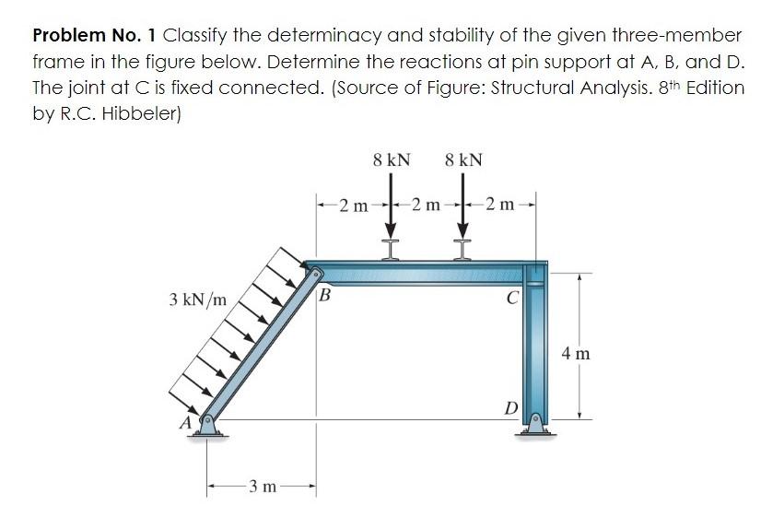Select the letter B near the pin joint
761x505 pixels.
pyautogui.click(x=323, y=297)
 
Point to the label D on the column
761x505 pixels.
pyautogui.click(x=509, y=407)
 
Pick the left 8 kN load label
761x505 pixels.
pyautogui.click(x=392, y=159)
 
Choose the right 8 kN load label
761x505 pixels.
pyautogui.click(x=462, y=159)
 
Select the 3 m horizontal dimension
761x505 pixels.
pyautogui.click(x=261, y=486)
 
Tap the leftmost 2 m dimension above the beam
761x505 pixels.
pyautogui.click(x=351, y=203)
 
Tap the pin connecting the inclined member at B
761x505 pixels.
pyautogui.click(x=316, y=274)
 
